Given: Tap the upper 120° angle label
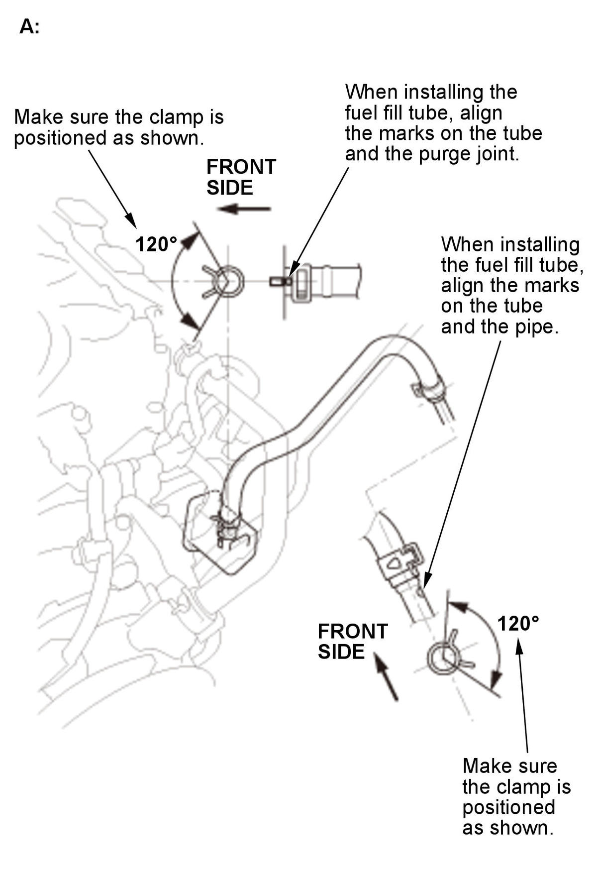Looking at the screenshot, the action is click(x=156, y=244).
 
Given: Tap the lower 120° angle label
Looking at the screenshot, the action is click(x=518, y=623).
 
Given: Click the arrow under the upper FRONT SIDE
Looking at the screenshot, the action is click(x=244, y=209).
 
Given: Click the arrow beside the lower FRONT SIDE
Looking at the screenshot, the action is click(x=386, y=676).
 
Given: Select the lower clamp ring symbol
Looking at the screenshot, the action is click(x=442, y=658).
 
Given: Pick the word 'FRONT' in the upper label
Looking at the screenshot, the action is click(x=241, y=167).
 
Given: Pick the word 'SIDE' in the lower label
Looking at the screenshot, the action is click(x=341, y=652).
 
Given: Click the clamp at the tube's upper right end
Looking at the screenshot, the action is click(x=428, y=389).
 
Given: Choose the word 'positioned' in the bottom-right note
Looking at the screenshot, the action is click(x=508, y=807).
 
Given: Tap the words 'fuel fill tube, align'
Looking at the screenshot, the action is click(x=423, y=113).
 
